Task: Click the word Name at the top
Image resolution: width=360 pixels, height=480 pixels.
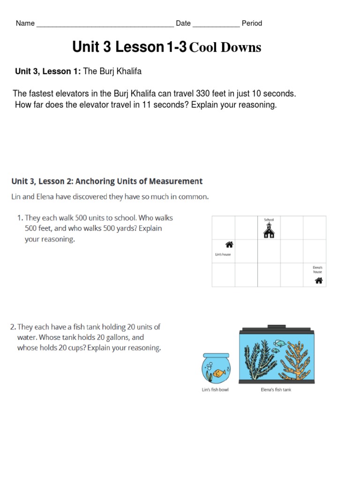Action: tap(25, 23)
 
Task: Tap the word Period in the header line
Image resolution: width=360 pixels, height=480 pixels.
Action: tap(252, 23)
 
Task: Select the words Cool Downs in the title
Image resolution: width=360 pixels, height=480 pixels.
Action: tap(225, 47)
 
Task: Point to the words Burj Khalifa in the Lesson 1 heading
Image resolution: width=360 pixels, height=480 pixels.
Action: tap(120, 72)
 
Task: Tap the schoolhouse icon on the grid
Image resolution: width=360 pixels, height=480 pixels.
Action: tap(269, 230)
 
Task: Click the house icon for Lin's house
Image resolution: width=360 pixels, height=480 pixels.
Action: tap(229, 245)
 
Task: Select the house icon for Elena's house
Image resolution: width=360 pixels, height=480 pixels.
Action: tap(319, 281)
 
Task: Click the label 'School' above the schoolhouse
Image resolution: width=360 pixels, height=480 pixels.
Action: tap(269, 219)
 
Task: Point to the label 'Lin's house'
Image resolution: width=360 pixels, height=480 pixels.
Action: tap(223, 255)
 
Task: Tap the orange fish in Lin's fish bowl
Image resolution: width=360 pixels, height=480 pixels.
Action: tap(217, 374)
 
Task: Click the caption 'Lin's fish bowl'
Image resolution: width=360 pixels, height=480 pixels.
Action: tap(215, 390)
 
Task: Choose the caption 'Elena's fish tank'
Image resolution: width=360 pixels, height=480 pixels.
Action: tap(276, 390)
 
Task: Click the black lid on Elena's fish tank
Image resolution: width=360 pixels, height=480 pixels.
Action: tap(276, 326)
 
